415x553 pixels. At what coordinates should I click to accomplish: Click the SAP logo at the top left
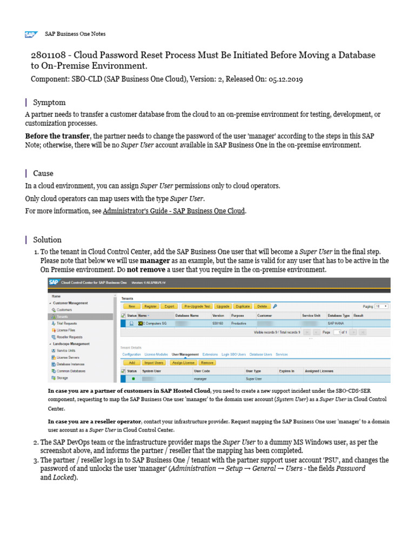(31, 34)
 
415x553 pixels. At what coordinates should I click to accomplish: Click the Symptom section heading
(49, 103)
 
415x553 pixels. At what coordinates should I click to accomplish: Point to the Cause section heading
(43, 173)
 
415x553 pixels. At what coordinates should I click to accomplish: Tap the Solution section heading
(47, 240)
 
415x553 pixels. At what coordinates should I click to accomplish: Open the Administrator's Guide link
(173, 211)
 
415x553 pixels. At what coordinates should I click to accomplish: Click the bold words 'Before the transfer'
(58, 136)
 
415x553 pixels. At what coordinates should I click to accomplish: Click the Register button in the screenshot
(150, 306)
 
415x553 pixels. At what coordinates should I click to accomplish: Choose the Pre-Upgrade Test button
(196, 306)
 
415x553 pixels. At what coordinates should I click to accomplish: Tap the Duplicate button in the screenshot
(243, 306)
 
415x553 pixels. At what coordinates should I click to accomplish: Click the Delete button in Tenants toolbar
(262, 306)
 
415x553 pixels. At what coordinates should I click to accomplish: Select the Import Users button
(154, 363)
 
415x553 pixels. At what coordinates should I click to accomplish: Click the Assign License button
(183, 363)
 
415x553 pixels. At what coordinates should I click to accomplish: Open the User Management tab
(185, 354)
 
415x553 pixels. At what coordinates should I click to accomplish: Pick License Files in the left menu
(65, 329)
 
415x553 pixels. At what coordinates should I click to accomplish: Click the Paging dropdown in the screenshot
(381, 306)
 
